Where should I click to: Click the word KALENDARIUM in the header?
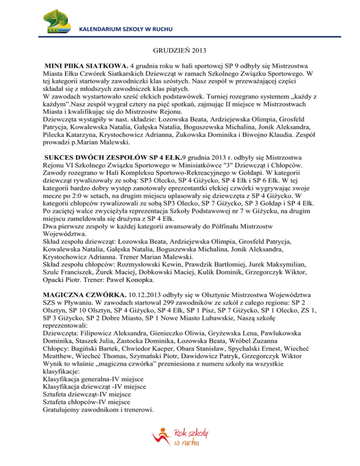(100, 30)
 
